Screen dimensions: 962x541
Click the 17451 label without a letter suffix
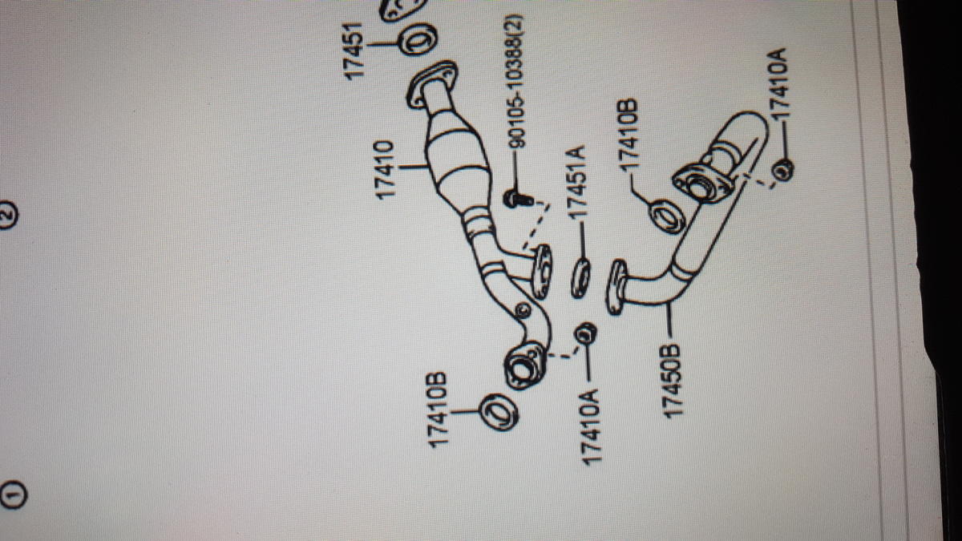pos(354,51)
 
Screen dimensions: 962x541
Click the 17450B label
pos(672,381)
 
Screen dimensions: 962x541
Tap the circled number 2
pos(8,215)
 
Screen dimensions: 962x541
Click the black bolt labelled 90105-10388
pos(519,200)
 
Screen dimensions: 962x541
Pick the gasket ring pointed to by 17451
pos(418,39)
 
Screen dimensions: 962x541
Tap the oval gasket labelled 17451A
pos(580,278)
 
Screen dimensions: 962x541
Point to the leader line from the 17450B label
pos(669,320)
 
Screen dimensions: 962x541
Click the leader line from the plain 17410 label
pos(412,166)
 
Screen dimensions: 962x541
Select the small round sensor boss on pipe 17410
pos(523,309)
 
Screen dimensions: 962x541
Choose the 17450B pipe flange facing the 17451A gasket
pos(616,287)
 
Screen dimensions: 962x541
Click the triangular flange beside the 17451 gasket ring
pos(431,84)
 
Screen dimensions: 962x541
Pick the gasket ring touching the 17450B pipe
pos(666,217)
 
